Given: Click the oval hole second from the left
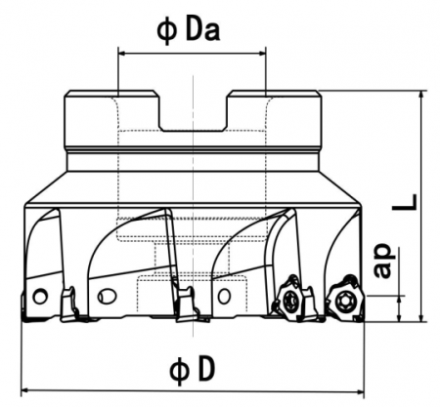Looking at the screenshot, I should (106, 295).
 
